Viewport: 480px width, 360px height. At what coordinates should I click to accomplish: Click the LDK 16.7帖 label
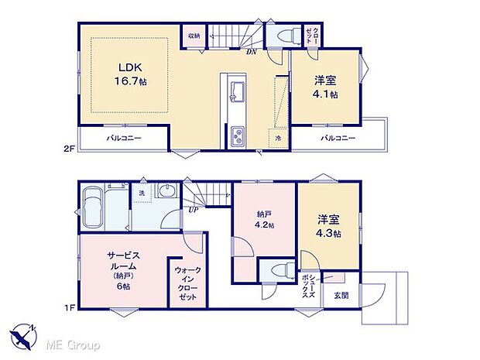[129, 74]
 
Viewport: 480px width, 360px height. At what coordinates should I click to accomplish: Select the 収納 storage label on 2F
[193, 36]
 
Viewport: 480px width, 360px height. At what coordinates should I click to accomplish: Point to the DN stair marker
[252, 52]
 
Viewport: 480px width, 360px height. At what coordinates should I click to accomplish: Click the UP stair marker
[192, 208]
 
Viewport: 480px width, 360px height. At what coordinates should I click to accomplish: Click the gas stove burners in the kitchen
[236, 138]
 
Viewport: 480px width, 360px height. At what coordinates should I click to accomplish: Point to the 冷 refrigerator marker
[279, 138]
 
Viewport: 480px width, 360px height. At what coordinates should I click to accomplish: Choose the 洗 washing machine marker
[142, 193]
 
